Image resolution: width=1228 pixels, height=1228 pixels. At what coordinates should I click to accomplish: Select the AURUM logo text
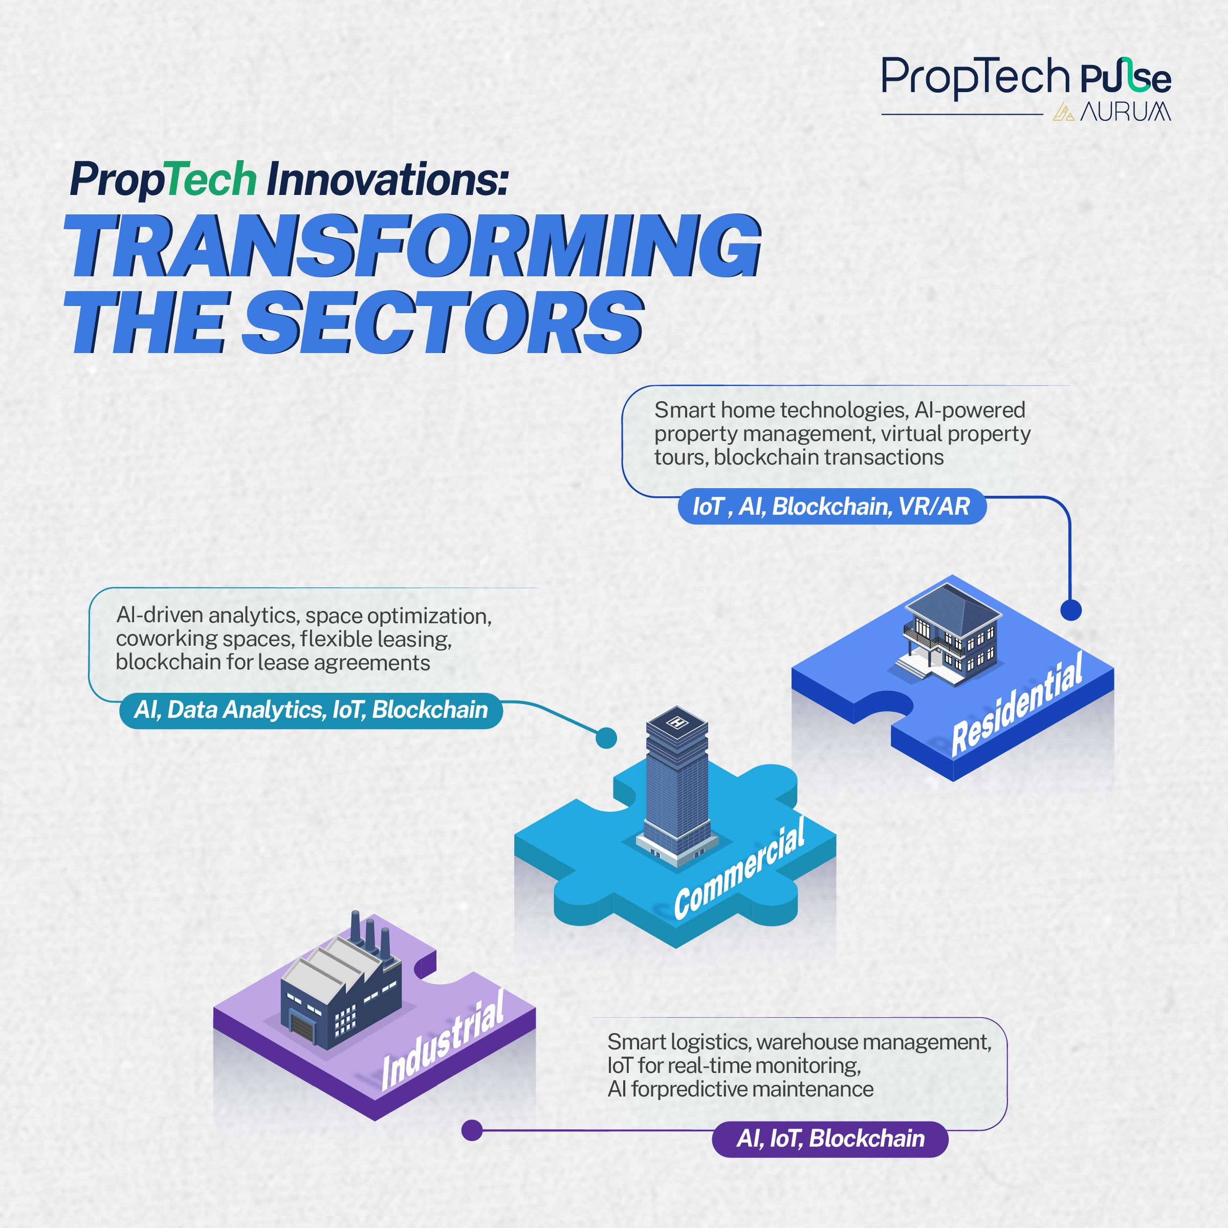tap(1125, 112)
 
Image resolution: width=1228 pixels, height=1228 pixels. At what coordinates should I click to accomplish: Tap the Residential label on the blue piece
tap(1018, 705)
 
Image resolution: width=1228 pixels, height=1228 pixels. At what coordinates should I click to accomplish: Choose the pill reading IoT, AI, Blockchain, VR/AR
tap(832, 507)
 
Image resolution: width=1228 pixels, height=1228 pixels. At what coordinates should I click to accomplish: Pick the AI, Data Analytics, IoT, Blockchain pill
tap(311, 710)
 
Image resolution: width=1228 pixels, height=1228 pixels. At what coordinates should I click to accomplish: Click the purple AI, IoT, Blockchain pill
tap(830, 1138)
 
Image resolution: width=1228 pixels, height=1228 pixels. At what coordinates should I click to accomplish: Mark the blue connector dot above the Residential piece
tap(1071, 610)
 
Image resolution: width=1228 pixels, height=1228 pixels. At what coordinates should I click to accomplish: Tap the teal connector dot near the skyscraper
tap(606, 738)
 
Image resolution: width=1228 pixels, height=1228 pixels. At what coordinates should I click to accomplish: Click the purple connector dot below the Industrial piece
tap(472, 1130)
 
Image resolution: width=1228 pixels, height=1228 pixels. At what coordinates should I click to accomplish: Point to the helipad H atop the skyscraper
tap(676, 722)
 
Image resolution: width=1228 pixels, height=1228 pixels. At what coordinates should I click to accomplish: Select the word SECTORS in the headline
tap(443, 322)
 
